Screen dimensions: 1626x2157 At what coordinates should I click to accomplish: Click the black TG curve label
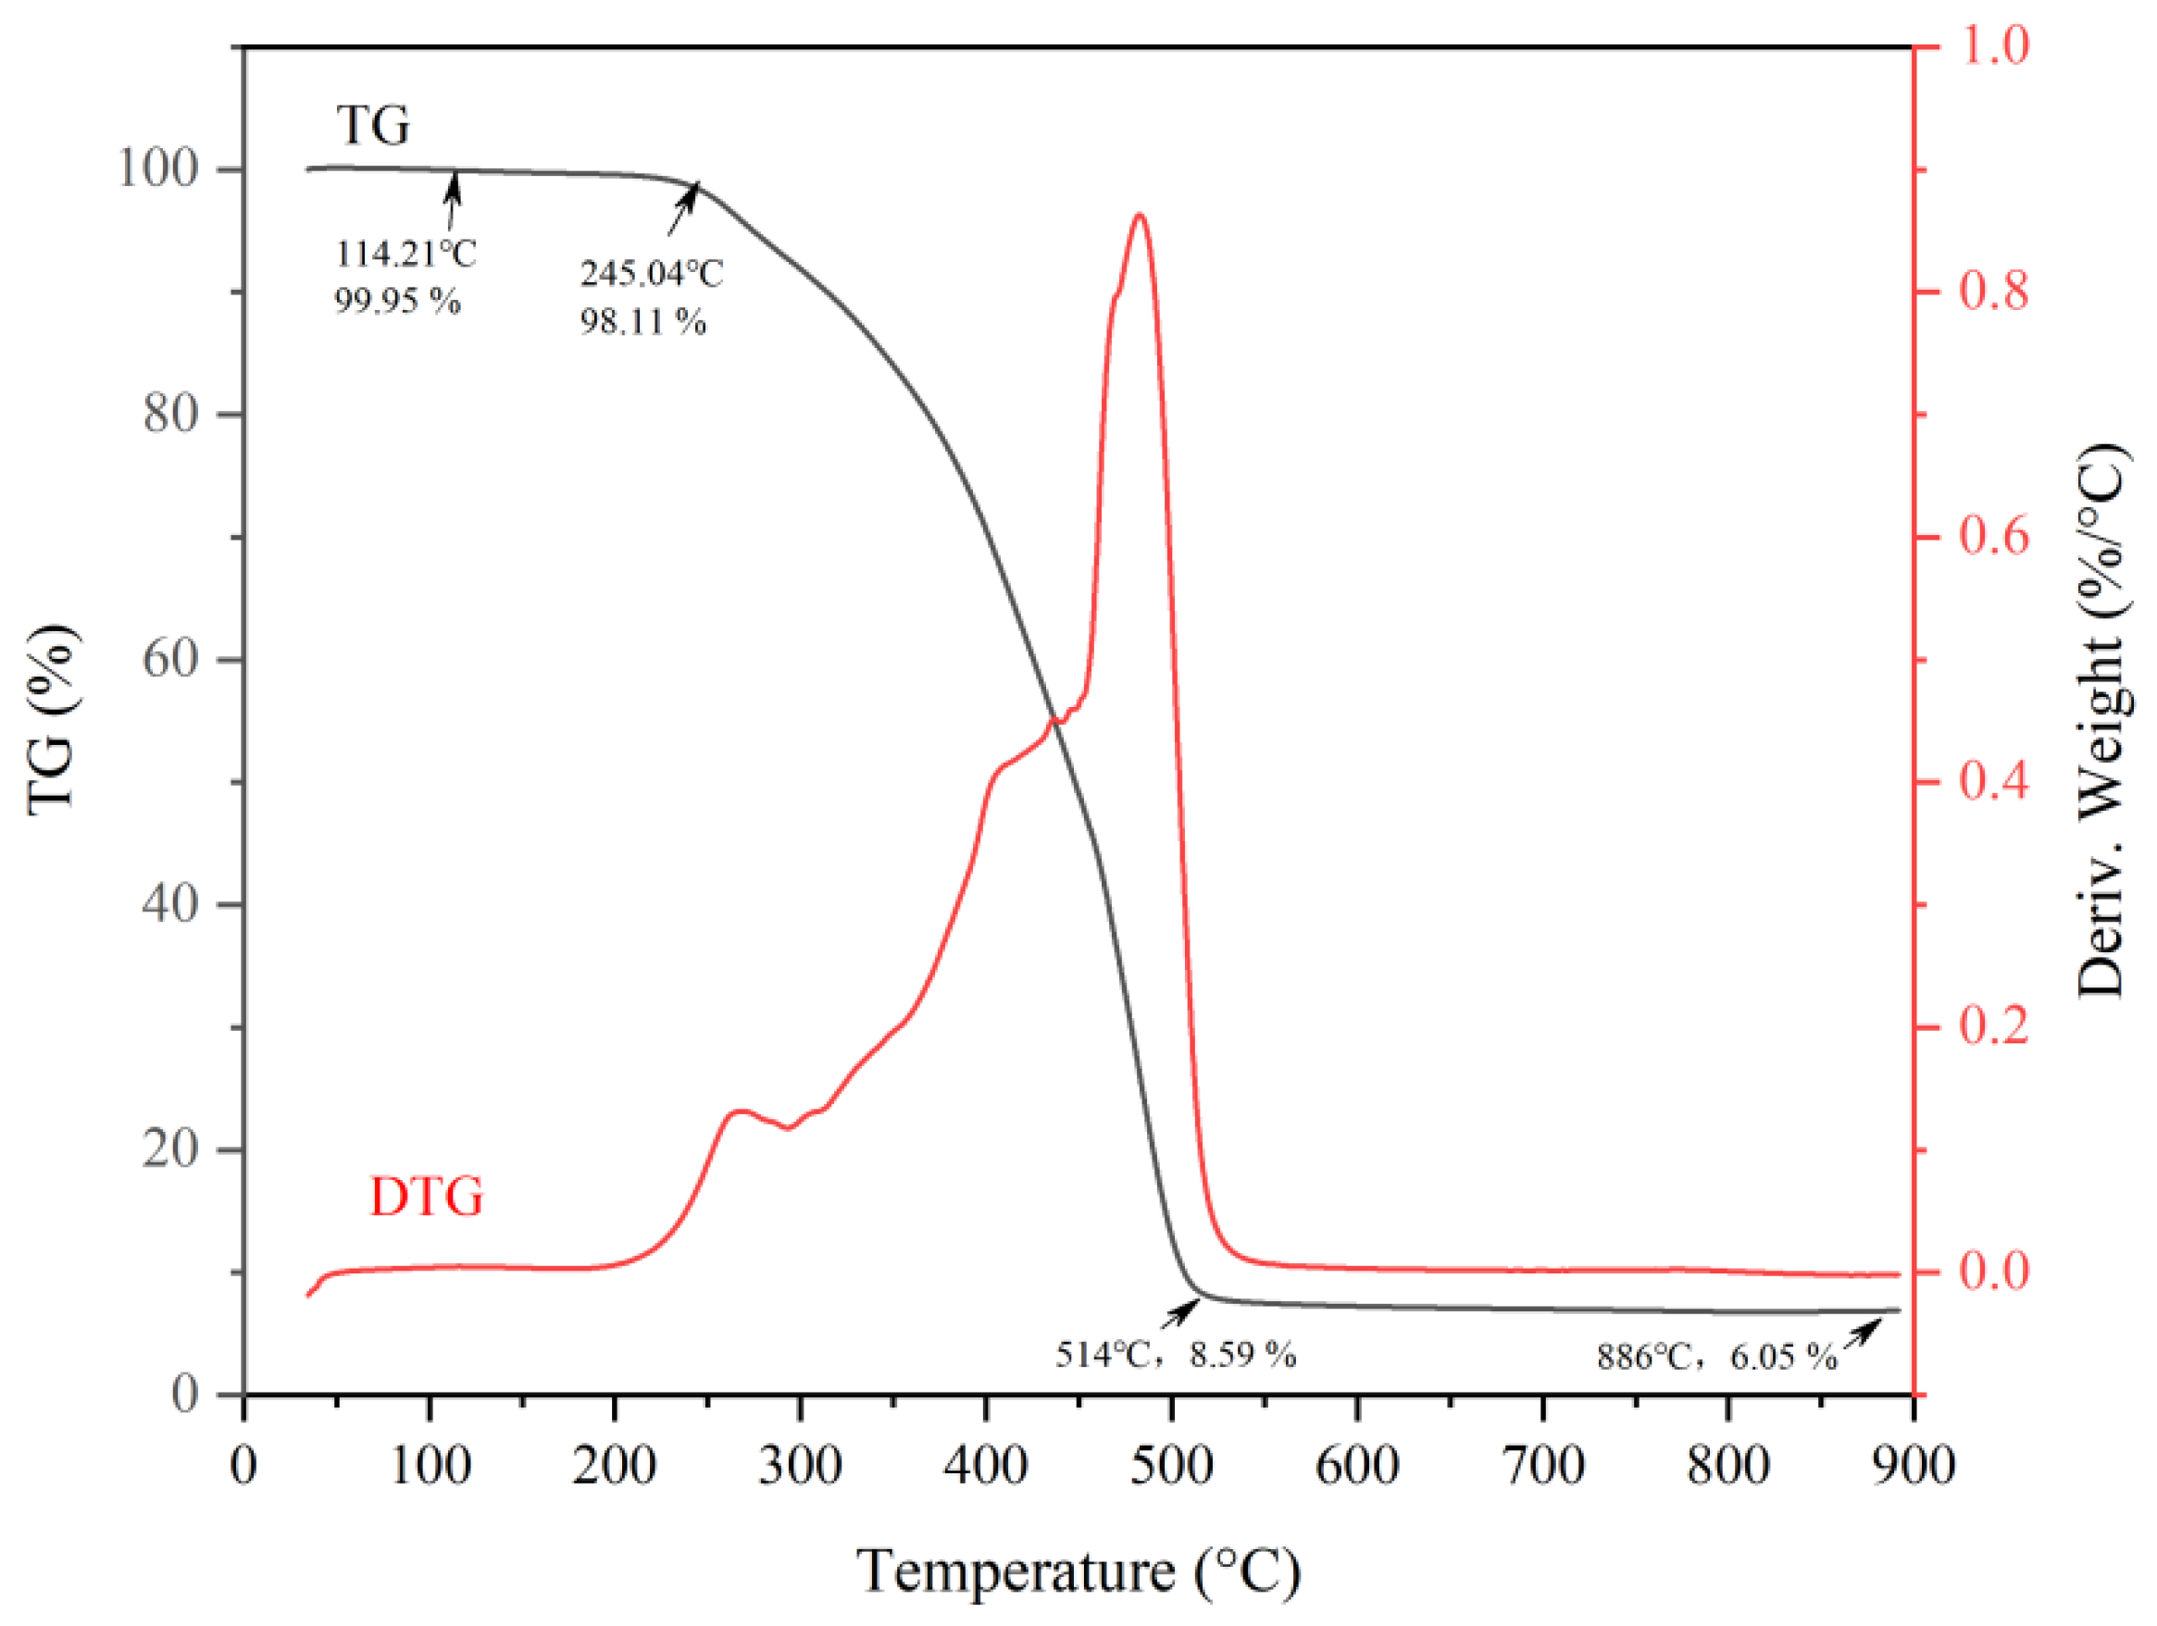pyautogui.click(x=372, y=125)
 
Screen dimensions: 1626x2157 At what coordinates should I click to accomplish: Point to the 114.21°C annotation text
pyautogui.click(x=405, y=254)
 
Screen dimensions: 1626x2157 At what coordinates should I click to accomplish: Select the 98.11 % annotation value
pyautogui.click(x=642, y=321)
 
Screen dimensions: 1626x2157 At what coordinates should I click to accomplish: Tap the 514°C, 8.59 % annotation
pyautogui.click(x=1175, y=1354)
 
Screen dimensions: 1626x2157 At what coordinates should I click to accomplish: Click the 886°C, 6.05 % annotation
pyautogui.click(x=1716, y=1356)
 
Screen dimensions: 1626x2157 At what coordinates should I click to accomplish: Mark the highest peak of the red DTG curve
pyautogui.click(x=1138, y=216)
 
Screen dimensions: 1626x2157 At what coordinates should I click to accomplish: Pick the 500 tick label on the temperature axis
pyautogui.click(x=1172, y=1465)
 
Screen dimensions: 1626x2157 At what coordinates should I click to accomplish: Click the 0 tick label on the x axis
pyautogui.click(x=243, y=1465)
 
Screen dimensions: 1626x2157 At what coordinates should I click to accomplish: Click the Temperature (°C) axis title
pyautogui.click(x=1078, y=1571)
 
